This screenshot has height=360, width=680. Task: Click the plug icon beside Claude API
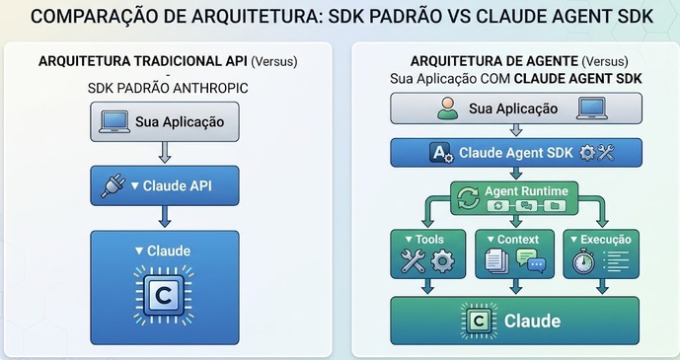pyautogui.click(x=113, y=185)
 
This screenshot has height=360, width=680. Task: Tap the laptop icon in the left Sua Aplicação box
pyautogui.click(x=114, y=121)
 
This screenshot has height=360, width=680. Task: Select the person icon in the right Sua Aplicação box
pyautogui.click(x=447, y=108)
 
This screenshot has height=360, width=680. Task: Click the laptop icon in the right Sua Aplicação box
pyautogui.click(x=592, y=108)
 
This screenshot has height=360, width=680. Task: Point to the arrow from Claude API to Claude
pyautogui.click(x=165, y=216)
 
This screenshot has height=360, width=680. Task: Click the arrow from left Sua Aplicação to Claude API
pyautogui.click(x=165, y=153)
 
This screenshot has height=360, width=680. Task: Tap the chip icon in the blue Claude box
pyautogui.click(x=165, y=295)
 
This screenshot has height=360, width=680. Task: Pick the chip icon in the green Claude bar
pyautogui.click(x=479, y=321)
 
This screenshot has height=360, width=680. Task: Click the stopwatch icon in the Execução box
pyautogui.click(x=583, y=260)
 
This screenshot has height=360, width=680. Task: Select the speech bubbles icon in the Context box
pyautogui.click(x=531, y=260)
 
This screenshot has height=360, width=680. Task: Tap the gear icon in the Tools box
pyautogui.click(x=443, y=261)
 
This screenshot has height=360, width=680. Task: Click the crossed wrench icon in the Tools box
pyautogui.click(x=413, y=260)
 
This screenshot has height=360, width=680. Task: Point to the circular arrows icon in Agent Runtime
pyautogui.click(x=469, y=198)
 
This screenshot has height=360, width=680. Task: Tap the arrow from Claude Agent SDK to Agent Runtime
pyautogui.click(x=515, y=174)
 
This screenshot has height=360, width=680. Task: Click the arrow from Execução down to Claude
pyautogui.click(x=602, y=287)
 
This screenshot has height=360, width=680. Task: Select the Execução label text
pyautogui.click(x=606, y=239)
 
